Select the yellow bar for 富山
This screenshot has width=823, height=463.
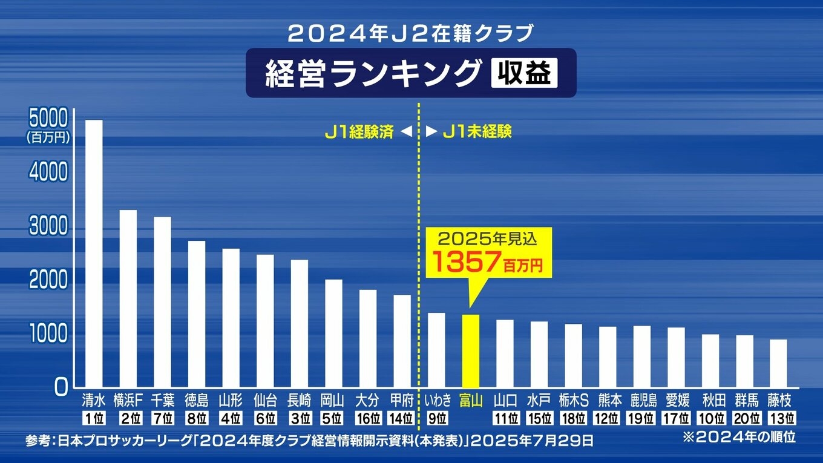471,350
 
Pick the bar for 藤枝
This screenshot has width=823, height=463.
778,363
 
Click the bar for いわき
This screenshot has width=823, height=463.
436,350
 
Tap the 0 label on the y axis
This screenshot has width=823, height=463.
61,387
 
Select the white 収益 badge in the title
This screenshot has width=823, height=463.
524,74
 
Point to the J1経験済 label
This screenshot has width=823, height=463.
359,131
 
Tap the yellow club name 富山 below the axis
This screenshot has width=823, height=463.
471,401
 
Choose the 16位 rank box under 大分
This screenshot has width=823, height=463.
367,418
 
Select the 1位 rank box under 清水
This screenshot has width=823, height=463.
93,418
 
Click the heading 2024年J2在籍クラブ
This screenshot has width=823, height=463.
411,33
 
